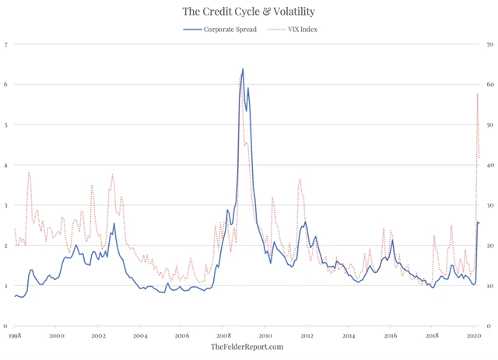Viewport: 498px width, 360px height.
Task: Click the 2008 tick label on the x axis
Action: [223, 336]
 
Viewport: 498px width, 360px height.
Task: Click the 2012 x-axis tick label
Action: [307, 336]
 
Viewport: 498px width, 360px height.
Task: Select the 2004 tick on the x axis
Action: [139, 336]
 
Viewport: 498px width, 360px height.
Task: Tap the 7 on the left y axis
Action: [6, 44]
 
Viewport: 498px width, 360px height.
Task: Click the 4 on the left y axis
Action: [6, 165]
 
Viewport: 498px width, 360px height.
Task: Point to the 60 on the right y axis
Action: [488, 84]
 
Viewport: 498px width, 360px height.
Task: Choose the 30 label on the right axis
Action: [488, 205]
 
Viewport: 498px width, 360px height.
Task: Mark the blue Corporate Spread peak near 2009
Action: [243, 69]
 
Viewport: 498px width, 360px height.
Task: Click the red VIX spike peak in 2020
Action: [477, 94]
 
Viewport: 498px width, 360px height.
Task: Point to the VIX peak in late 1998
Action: [29, 173]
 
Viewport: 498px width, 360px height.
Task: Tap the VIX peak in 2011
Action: [300, 180]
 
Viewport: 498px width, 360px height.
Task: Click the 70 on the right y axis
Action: [488, 44]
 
